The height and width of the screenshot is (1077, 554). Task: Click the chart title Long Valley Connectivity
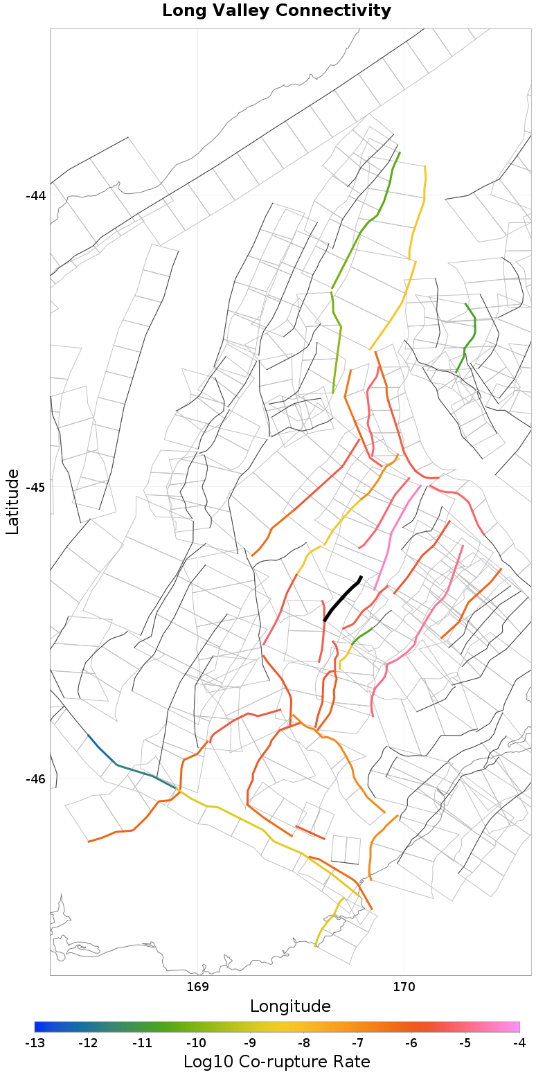[276, 11]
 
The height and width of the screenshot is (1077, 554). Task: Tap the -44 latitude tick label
[35, 196]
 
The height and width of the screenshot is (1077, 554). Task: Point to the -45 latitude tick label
[35, 488]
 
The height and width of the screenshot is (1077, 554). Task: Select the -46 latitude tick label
[35, 779]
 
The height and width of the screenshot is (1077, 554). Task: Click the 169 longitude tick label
[198, 986]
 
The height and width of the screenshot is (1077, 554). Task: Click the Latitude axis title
[13, 501]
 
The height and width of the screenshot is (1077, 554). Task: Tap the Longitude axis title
[290, 1006]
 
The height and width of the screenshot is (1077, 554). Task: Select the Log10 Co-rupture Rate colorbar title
[276, 1062]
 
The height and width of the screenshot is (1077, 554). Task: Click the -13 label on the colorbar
[35, 1043]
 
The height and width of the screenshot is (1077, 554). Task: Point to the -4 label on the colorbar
[519, 1043]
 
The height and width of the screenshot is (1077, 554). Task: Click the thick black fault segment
[342, 598]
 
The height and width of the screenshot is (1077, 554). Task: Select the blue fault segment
[100, 749]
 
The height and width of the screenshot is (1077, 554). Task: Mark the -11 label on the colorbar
[142, 1043]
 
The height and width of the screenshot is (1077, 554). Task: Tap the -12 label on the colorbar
[88, 1043]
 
